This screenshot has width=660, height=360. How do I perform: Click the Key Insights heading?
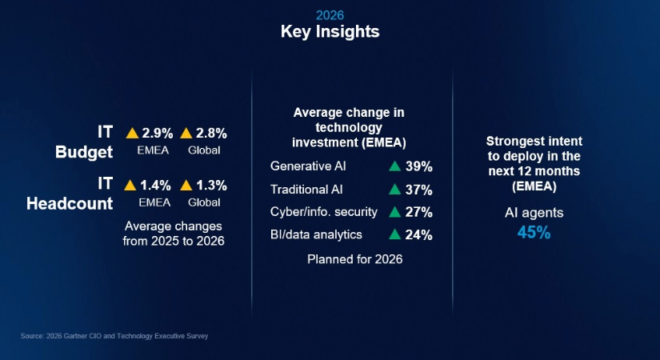(330, 32)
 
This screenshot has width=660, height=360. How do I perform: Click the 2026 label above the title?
(330, 14)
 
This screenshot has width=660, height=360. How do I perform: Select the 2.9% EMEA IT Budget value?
(157, 132)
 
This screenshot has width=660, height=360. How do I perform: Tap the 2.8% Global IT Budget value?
(211, 132)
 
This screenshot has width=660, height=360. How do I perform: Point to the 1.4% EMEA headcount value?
(157, 185)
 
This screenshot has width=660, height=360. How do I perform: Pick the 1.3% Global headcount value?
(211, 185)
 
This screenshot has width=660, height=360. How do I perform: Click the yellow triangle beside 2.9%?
(132, 132)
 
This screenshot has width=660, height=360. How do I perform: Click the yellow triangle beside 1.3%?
(186, 185)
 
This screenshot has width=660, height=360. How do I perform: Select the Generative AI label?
(308, 166)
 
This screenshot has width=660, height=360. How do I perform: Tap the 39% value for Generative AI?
(419, 166)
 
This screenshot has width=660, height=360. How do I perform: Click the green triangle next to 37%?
(394, 190)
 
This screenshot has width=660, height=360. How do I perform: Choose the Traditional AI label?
(306, 190)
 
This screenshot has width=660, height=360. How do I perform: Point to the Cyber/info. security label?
(318, 212)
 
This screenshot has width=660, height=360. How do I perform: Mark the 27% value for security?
(419, 212)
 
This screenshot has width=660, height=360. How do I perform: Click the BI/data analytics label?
(316, 234)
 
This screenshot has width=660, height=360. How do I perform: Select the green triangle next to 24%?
(394, 234)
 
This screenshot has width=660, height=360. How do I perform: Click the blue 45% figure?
(534, 234)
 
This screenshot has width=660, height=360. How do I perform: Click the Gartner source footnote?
(114, 336)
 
